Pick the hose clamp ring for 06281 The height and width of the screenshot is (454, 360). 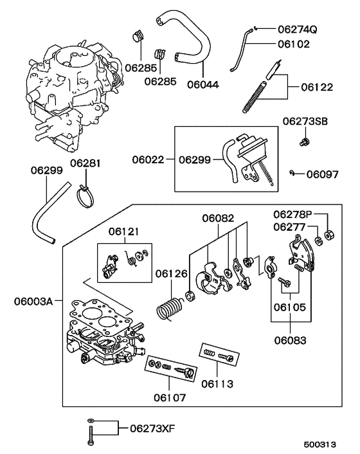[x=83, y=194]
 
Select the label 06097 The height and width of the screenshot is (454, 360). [x=322, y=174]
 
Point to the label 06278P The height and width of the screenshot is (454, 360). [x=292, y=214]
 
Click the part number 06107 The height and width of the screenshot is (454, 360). [x=169, y=398]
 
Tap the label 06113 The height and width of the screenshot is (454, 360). [x=218, y=384]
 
